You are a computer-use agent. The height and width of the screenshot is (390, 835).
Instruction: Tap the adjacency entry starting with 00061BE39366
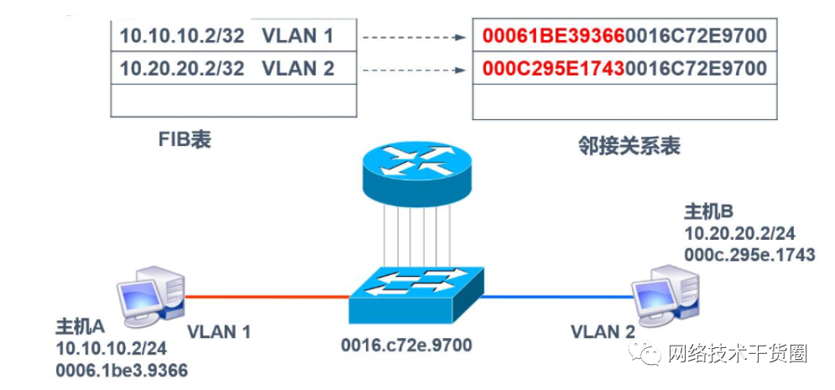click(624, 36)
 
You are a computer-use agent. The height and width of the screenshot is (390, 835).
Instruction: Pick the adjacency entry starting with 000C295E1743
click(624, 68)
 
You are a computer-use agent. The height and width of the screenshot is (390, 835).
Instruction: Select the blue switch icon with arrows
click(417, 294)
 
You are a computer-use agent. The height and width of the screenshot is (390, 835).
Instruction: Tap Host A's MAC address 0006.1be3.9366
click(121, 369)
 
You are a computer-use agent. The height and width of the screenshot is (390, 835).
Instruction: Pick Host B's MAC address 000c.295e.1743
click(749, 253)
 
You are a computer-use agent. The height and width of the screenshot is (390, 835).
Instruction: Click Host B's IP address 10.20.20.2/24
click(740, 232)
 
